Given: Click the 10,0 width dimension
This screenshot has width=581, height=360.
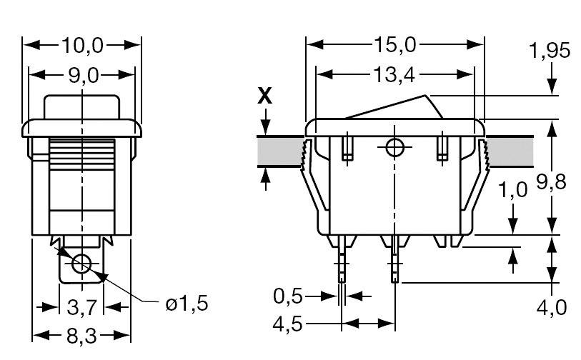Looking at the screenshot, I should (x=83, y=46).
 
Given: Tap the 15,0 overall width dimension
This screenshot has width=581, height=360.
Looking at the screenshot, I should (x=394, y=45).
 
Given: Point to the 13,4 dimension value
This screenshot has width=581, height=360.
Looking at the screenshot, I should (x=394, y=74).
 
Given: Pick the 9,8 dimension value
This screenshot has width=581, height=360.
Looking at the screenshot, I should (x=551, y=182).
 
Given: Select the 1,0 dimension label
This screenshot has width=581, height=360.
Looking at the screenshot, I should (x=512, y=190).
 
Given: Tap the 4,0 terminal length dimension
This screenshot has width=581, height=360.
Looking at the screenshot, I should (x=551, y=307).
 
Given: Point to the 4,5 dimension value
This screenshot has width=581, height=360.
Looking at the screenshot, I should (x=289, y=324).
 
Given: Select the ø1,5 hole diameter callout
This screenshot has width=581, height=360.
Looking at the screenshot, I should (x=187, y=304).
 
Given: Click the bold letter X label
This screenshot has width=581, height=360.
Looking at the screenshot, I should (x=265, y=96).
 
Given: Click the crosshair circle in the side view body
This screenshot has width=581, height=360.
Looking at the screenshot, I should (x=394, y=148).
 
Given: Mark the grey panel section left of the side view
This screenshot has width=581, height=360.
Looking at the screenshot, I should (x=279, y=151).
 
